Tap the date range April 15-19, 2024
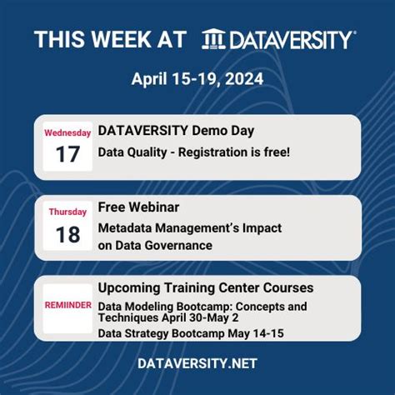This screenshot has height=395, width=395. (197, 80)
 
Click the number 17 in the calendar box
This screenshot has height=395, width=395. (67, 154)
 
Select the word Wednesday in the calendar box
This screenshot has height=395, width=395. (67, 132)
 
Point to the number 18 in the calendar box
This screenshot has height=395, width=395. (67, 234)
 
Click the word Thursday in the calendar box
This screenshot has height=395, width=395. (67, 212)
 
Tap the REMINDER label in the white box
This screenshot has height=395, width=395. (67, 306)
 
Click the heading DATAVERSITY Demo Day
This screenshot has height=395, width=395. (176, 130)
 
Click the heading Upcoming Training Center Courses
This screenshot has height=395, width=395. (205, 287)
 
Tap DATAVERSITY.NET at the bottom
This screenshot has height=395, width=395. (197, 363)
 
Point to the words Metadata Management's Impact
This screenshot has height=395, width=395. (189, 227)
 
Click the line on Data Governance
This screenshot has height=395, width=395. (155, 245)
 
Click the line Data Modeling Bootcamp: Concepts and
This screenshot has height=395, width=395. (202, 306)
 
